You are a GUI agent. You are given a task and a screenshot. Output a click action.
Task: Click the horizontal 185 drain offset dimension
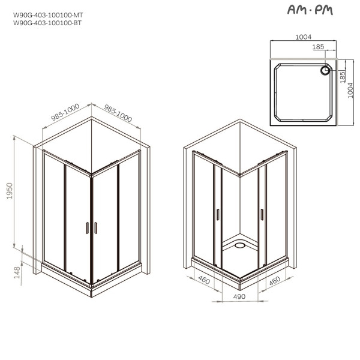click(x=318, y=46)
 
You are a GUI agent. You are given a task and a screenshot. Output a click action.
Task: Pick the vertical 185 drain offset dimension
click(x=342, y=76)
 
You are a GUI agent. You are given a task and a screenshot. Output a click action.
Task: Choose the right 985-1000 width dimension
click(x=118, y=112)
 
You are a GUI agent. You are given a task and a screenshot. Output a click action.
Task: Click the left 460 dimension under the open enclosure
click(x=203, y=280)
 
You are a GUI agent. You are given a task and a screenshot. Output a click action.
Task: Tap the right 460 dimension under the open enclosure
click(x=275, y=280)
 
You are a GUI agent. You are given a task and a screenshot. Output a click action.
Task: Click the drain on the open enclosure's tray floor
click(x=238, y=245)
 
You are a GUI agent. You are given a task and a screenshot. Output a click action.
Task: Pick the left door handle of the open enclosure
click(x=218, y=214)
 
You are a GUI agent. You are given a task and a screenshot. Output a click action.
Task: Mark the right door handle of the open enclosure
click(x=262, y=214)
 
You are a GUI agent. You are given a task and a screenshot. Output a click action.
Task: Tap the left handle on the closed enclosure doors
click(x=87, y=228)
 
